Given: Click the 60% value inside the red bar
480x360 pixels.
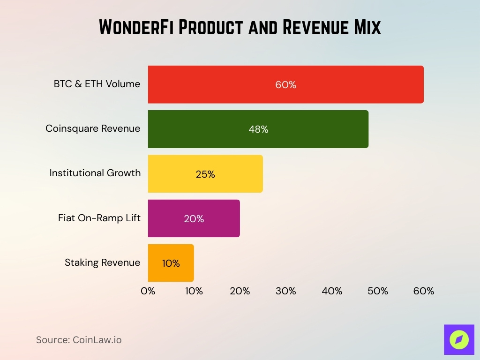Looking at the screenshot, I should point(285,85).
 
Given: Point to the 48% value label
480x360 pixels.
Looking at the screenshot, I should point(258,129).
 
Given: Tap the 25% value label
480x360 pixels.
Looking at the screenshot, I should point(205,174).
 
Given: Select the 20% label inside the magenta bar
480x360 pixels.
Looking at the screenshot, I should point(194,219).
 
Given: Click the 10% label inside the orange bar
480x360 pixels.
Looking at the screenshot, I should point(171,263).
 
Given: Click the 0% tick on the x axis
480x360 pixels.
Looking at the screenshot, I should point(148,291).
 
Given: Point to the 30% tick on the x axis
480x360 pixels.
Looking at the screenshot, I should point(285,291).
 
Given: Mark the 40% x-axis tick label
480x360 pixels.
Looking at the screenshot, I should point(331,291).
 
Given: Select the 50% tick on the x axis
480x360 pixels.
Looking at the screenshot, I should point(377,291).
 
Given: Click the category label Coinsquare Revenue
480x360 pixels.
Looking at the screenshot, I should point(93,128).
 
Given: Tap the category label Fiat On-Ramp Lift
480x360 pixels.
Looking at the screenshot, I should point(99,218).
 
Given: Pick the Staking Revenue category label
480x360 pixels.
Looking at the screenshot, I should point(102,262).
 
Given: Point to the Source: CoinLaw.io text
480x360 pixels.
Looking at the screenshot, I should point(79,340).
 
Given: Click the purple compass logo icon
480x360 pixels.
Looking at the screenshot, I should point(459,339).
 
